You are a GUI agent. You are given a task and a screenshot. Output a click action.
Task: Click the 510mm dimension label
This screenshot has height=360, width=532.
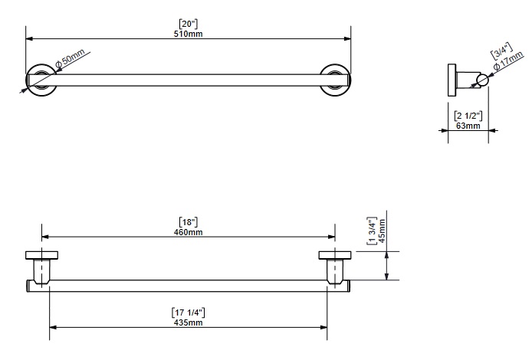pyautogui.click(x=188, y=34)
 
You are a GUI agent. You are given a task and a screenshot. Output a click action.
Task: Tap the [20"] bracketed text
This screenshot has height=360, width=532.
pyautogui.click(x=189, y=24)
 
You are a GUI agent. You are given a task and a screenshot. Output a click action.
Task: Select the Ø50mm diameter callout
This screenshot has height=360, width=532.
pyautogui.click(x=70, y=58)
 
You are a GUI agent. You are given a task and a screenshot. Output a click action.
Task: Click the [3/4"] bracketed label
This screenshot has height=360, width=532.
pyautogui.click(x=501, y=51)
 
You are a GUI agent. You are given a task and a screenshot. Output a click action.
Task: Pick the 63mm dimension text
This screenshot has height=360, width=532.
pyautogui.click(x=468, y=126)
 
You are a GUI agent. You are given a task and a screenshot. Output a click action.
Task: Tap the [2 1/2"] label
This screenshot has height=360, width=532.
pyautogui.click(x=468, y=116)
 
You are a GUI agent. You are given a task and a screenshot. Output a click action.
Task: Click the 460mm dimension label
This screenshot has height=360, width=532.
pyautogui.click(x=188, y=232)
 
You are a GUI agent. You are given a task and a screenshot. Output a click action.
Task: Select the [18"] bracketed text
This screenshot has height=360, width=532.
pyautogui.click(x=189, y=222)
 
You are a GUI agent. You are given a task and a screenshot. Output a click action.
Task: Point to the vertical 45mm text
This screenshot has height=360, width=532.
pyautogui.click(x=382, y=231)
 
